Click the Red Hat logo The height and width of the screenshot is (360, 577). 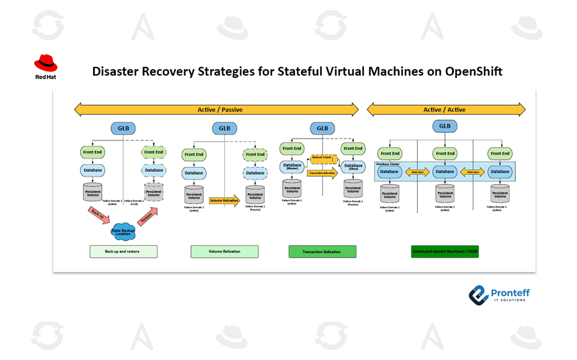(x=46, y=66)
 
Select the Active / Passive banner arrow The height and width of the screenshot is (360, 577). (x=216, y=110)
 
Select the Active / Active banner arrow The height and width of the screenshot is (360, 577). (x=446, y=110)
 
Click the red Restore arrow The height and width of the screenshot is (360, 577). (x=148, y=215)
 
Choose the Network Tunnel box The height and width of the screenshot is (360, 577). (x=324, y=160)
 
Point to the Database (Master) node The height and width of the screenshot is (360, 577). (x=292, y=167)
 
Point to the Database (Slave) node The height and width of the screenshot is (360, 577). (x=353, y=167)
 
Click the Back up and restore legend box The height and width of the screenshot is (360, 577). (x=123, y=251)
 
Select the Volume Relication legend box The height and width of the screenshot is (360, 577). (x=225, y=251)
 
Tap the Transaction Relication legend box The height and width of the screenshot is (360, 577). (x=322, y=251)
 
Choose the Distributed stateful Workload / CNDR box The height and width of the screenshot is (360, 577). (x=445, y=251)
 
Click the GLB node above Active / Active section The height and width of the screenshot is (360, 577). (x=445, y=126)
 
